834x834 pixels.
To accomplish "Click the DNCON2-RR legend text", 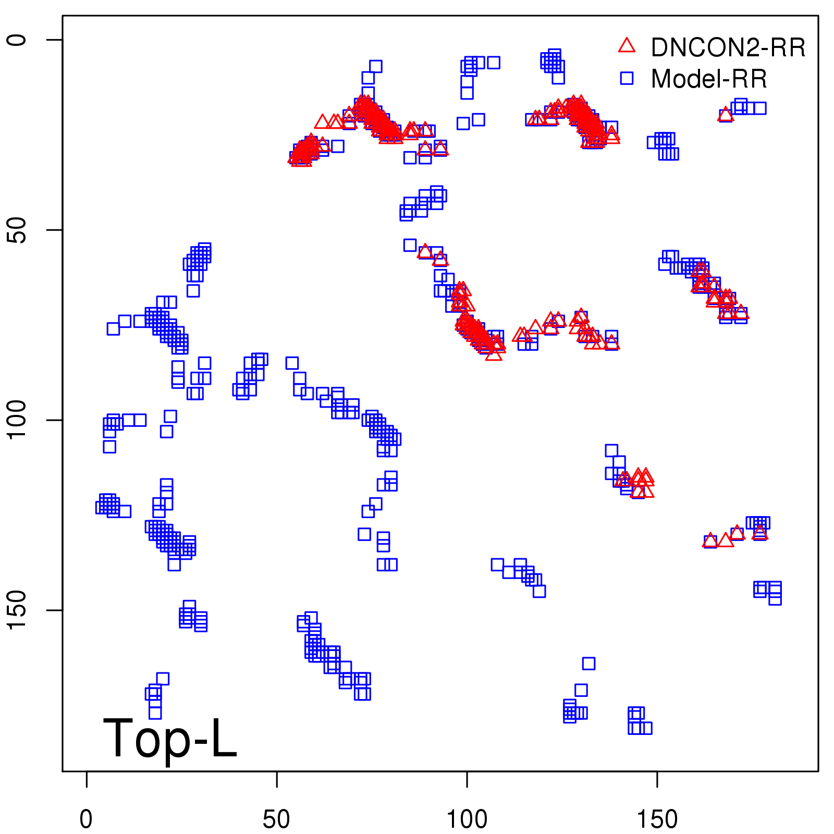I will point(728,47).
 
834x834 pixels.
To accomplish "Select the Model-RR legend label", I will point(709,79).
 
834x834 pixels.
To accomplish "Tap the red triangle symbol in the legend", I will point(627,46).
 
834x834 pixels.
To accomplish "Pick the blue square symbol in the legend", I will point(627,78).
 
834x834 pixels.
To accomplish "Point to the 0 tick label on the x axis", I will point(86,819).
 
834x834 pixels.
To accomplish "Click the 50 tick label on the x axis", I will point(276,819).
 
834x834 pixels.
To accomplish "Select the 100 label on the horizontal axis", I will point(467,819).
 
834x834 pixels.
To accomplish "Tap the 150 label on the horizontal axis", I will point(657,819).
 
